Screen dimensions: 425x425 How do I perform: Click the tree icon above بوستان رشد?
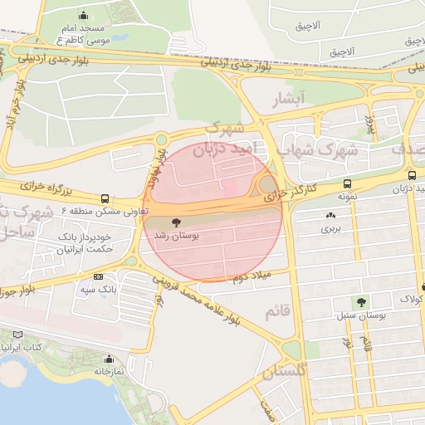[176, 222]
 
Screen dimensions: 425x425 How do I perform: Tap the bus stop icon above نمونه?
[346, 183]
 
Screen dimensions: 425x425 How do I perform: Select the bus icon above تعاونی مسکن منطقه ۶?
[105, 198]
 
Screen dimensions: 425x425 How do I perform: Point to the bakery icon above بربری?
[331, 215]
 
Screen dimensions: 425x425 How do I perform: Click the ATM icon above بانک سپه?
[99, 276]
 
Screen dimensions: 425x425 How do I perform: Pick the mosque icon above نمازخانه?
[109, 359]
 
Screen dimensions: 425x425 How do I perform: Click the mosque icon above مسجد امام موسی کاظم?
[83, 15]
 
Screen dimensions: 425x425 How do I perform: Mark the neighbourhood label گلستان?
[284, 371]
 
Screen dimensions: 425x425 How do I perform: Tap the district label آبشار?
[290, 100]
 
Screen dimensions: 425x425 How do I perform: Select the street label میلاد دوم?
[248, 276]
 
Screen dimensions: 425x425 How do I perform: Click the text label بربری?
[331, 227]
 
